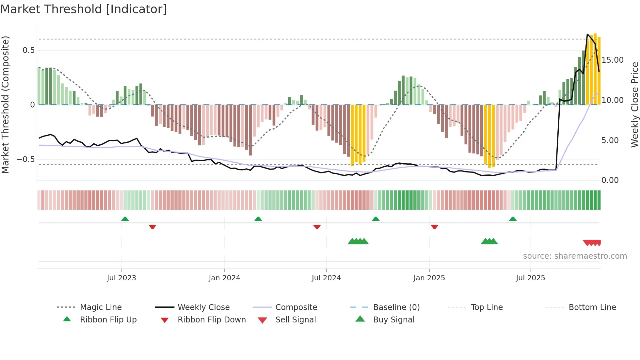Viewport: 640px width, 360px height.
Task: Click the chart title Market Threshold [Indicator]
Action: pos(84,9)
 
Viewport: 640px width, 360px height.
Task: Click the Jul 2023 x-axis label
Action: pos(121,278)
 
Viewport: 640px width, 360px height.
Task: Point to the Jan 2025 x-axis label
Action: pos(429,278)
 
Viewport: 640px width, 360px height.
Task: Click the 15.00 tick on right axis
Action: pos(613,60)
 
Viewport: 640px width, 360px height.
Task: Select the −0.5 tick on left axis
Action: pos(26,159)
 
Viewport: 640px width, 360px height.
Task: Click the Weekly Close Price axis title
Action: pos(634,105)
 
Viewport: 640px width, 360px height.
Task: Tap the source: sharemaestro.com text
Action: pos(575,256)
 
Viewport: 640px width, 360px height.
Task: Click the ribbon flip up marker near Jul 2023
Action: pos(125,219)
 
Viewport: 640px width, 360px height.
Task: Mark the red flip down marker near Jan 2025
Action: pos(434,227)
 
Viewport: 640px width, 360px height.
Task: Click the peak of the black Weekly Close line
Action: pos(587,34)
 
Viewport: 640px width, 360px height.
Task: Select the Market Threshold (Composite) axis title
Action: pos(5,105)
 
